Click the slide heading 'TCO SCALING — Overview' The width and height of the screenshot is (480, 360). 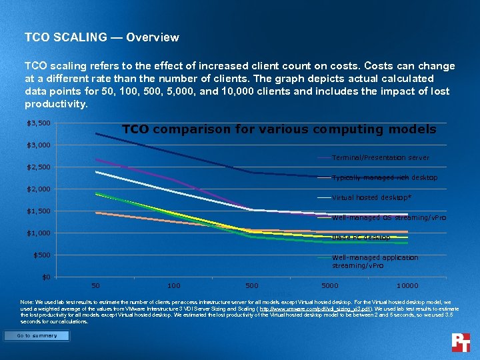pyautogui.click(x=101, y=37)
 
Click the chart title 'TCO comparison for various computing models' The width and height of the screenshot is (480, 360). pyautogui.click(x=279, y=129)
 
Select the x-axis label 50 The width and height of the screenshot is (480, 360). pyautogui.click(x=96, y=286)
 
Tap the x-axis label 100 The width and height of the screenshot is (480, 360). pyautogui.click(x=173, y=286)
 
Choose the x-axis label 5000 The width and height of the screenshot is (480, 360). pyautogui.click(x=329, y=286)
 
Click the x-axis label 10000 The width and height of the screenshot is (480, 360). pyautogui.click(x=407, y=286)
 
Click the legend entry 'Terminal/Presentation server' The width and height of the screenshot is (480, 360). pyautogui.click(x=380, y=158)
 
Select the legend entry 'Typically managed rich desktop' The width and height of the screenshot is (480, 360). pyautogui.click(x=384, y=178)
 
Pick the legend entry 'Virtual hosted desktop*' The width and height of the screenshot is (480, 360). pyautogui.click(x=371, y=198)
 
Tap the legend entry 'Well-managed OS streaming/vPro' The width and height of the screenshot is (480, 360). pyautogui.click(x=389, y=218)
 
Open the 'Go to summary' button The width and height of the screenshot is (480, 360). pyautogui.click(x=37, y=336)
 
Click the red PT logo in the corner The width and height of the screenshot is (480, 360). pyautogui.click(x=461, y=343)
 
